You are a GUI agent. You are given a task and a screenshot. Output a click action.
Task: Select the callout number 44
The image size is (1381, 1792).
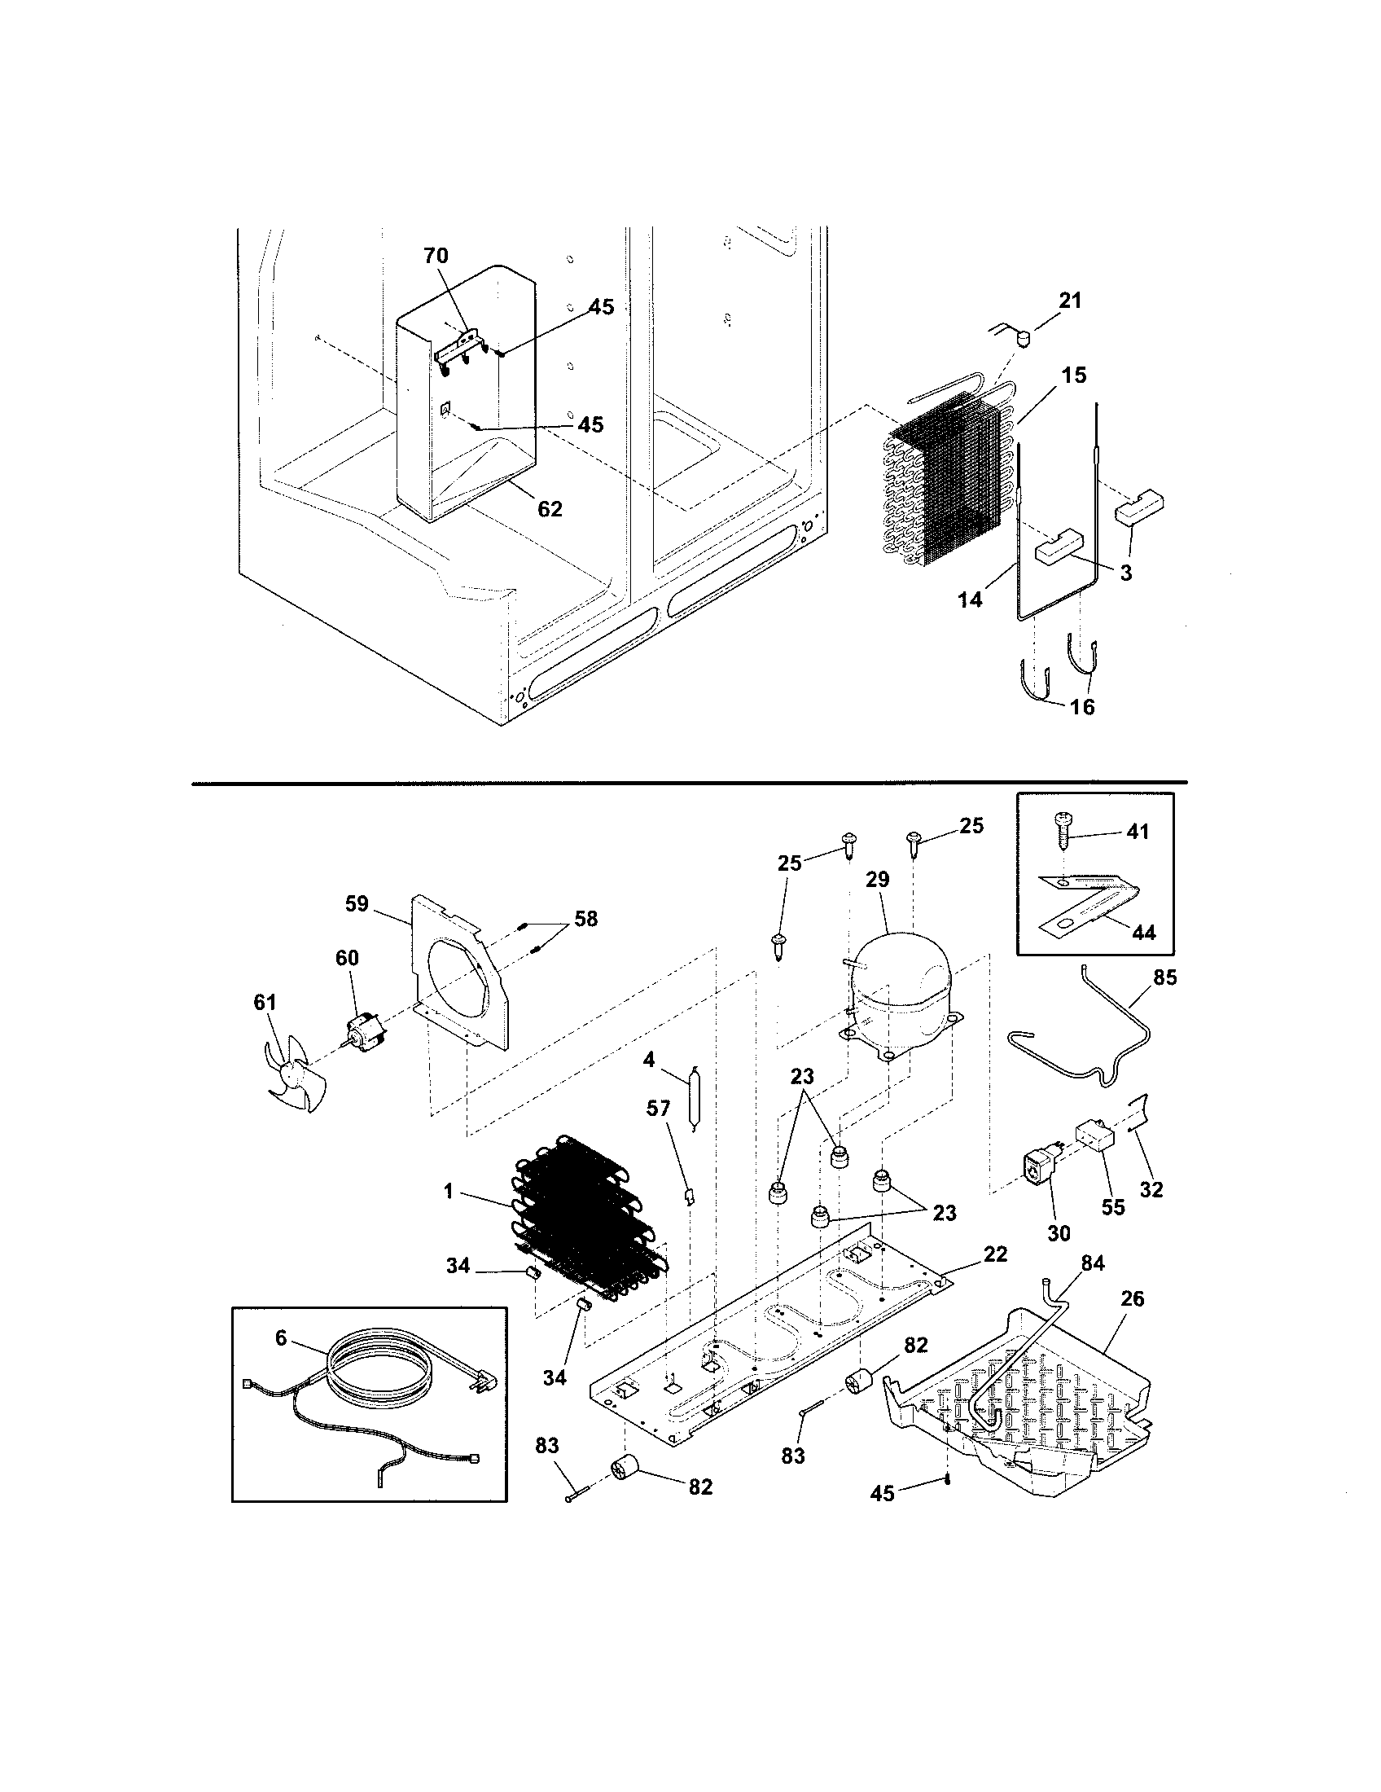[x=1143, y=932]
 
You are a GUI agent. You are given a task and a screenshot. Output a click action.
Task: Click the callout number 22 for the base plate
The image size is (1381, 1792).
[x=995, y=1254]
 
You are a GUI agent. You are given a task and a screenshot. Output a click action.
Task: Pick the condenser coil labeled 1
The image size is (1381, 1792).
[x=586, y=1223]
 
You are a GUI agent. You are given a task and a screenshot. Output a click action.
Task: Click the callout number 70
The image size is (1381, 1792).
[x=436, y=255]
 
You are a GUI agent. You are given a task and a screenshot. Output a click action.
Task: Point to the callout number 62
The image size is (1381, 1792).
[x=550, y=509]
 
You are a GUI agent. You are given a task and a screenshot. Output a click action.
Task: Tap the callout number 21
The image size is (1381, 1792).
[x=1069, y=301]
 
